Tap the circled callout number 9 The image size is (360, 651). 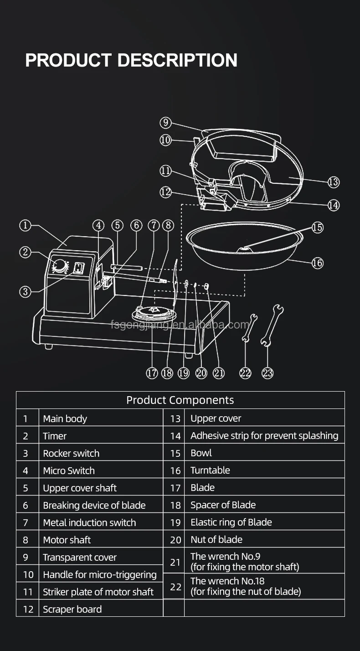165,123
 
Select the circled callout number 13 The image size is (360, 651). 334,182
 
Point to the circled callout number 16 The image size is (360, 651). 317,263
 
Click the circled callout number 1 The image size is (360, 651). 25,225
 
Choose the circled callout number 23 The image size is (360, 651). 267,373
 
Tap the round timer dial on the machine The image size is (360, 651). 60,266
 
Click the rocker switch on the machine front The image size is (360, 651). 79,268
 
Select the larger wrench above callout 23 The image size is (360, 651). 272,324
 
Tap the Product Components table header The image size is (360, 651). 180,400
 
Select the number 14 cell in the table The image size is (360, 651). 175,436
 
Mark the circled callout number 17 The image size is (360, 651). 152,373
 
